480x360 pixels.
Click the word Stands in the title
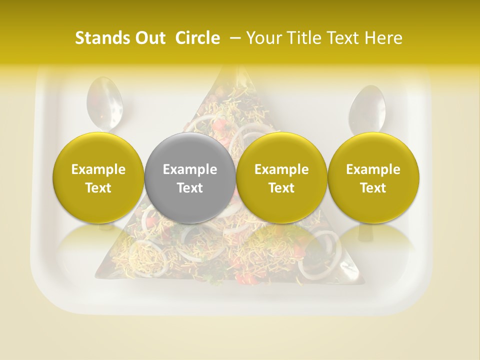click(102, 38)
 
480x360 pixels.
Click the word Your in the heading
click(263, 38)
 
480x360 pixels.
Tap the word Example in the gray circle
click(190, 169)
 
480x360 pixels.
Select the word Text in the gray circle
click(190, 188)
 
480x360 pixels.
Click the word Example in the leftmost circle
click(98, 169)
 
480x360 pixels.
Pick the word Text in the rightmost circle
click(373, 188)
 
